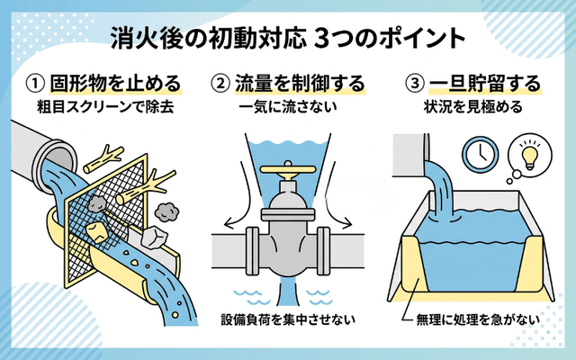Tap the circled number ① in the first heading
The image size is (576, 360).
(x=35, y=84)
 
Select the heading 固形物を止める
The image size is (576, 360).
(x=118, y=84)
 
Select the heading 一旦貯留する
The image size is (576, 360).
(x=485, y=84)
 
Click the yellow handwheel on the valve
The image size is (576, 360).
(x=287, y=170)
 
